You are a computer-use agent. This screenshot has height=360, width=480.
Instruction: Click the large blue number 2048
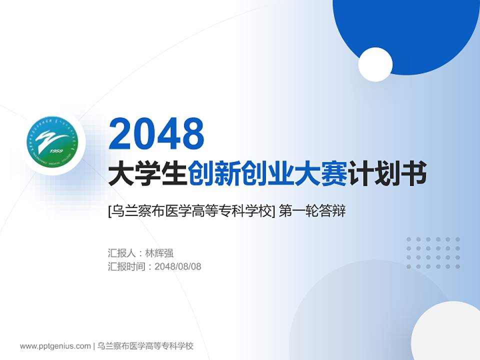[x=156, y=133]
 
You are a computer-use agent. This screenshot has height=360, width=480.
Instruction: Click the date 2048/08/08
[x=178, y=266]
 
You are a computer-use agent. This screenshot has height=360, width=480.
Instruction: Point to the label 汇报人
[x=121, y=253]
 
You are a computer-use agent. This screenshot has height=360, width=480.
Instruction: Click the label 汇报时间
[x=127, y=266]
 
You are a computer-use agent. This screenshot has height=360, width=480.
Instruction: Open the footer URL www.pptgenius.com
[x=55, y=346]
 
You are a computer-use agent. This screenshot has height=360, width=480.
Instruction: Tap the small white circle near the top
[x=375, y=64]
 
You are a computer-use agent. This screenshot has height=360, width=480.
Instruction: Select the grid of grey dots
[x=433, y=253]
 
